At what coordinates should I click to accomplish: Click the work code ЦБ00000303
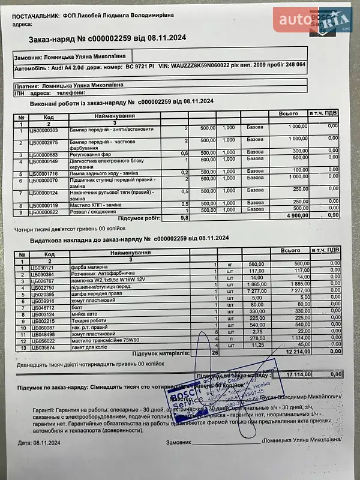coord(44,130)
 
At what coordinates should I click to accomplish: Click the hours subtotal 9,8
coord(184,218)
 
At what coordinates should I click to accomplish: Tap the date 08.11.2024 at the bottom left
coord(49,443)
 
